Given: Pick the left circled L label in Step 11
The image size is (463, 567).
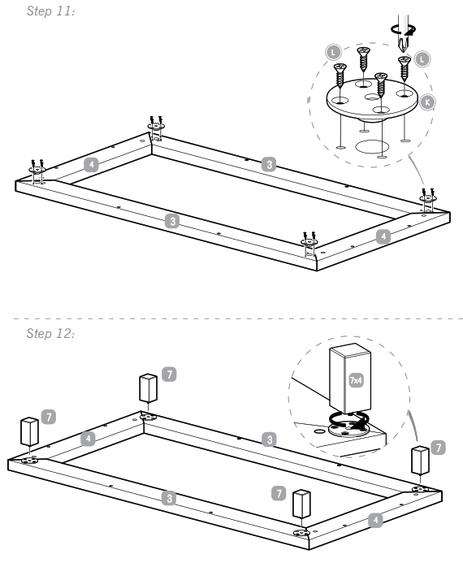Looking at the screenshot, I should [335, 51].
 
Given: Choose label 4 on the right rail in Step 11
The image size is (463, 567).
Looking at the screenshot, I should [383, 236].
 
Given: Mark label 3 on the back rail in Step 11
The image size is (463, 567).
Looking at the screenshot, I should [269, 164].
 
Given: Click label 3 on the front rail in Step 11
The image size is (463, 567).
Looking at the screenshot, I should [171, 220].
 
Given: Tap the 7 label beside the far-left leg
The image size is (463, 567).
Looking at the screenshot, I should [50, 416].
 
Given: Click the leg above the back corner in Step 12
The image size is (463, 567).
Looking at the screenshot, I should [148, 388].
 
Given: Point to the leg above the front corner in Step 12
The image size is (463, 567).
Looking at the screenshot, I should [300, 506].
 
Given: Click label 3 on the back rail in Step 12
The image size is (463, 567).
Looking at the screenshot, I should [269, 439].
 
